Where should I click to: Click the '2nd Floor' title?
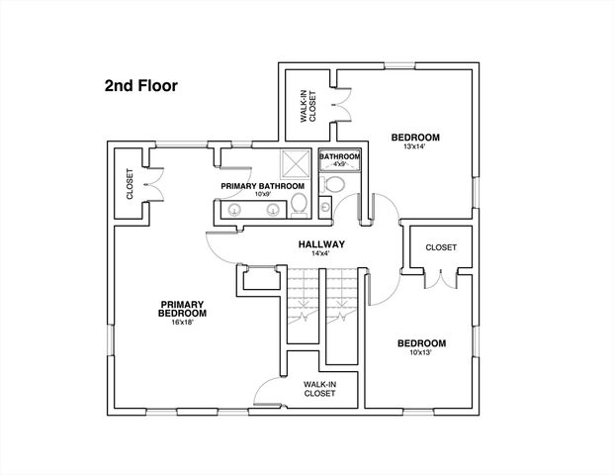click(x=140, y=85)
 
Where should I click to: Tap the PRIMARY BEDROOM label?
click(x=183, y=309)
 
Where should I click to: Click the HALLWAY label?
click(x=320, y=243)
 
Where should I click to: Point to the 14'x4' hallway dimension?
click(x=320, y=253)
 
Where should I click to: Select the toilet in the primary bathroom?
click(x=301, y=205)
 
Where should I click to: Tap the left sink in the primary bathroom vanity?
click(x=233, y=209)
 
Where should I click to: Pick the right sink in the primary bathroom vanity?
click(x=271, y=209)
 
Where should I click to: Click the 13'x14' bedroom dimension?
click(x=414, y=148)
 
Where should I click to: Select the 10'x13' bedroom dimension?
click(x=421, y=354)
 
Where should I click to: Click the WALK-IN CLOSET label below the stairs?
click(x=318, y=388)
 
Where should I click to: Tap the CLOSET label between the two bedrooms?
click(x=440, y=247)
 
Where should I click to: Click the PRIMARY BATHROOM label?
click(x=262, y=185)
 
